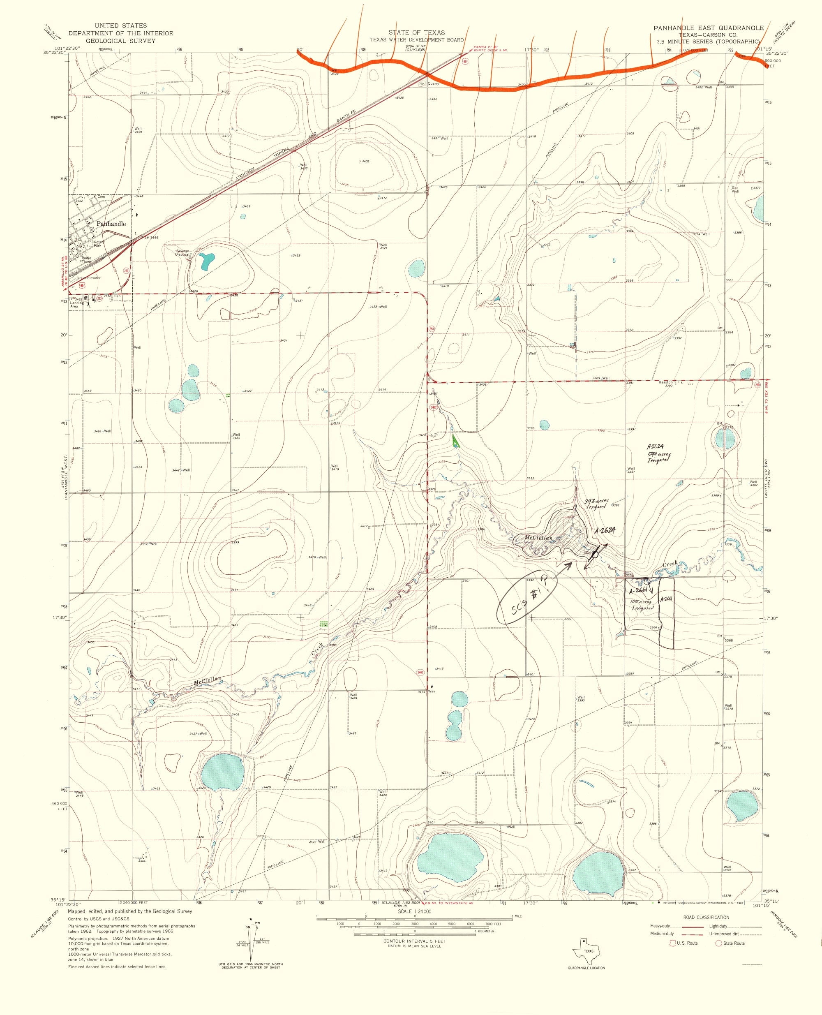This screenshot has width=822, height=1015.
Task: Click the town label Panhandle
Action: click(x=111, y=224)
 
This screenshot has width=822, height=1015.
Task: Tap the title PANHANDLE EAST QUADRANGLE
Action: click(x=709, y=28)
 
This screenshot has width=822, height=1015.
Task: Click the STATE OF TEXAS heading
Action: click(x=417, y=32)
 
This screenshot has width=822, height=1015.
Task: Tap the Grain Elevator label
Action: click(x=88, y=277)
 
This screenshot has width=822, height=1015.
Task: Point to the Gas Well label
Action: click(x=735, y=190)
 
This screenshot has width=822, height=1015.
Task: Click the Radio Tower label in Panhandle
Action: click(x=85, y=259)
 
